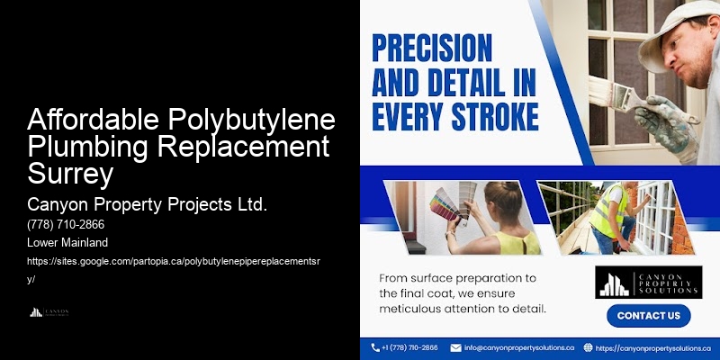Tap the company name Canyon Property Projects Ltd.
148,204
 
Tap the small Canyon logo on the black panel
49,312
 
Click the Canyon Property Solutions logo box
647,281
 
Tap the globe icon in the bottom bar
589,347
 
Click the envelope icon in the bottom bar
456,347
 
